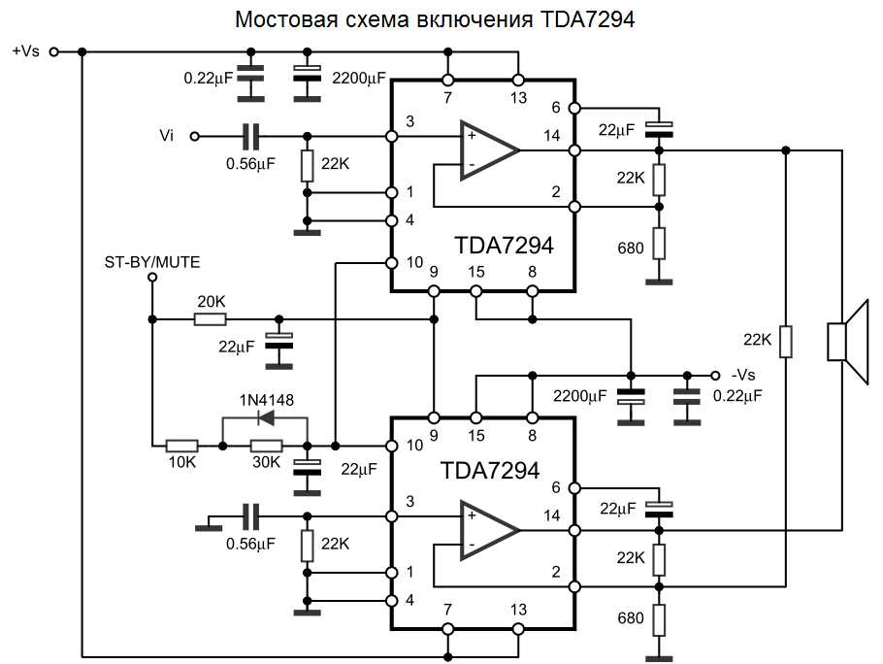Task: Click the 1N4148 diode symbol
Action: click(x=265, y=419)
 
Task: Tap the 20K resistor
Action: click(x=211, y=318)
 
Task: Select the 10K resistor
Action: click(x=181, y=446)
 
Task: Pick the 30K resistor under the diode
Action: click(x=266, y=446)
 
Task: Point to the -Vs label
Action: click(x=745, y=375)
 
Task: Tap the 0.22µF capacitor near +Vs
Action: click(x=251, y=76)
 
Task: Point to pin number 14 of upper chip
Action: click(x=552, y=136)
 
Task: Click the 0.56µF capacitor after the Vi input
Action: click(x=251, y=136)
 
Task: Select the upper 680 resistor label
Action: click(x=630, y=248)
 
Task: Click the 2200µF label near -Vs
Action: click(x=579, y=396)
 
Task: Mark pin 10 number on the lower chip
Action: click(x=415, y=446)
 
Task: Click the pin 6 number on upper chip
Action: click(x=556, y=109)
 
